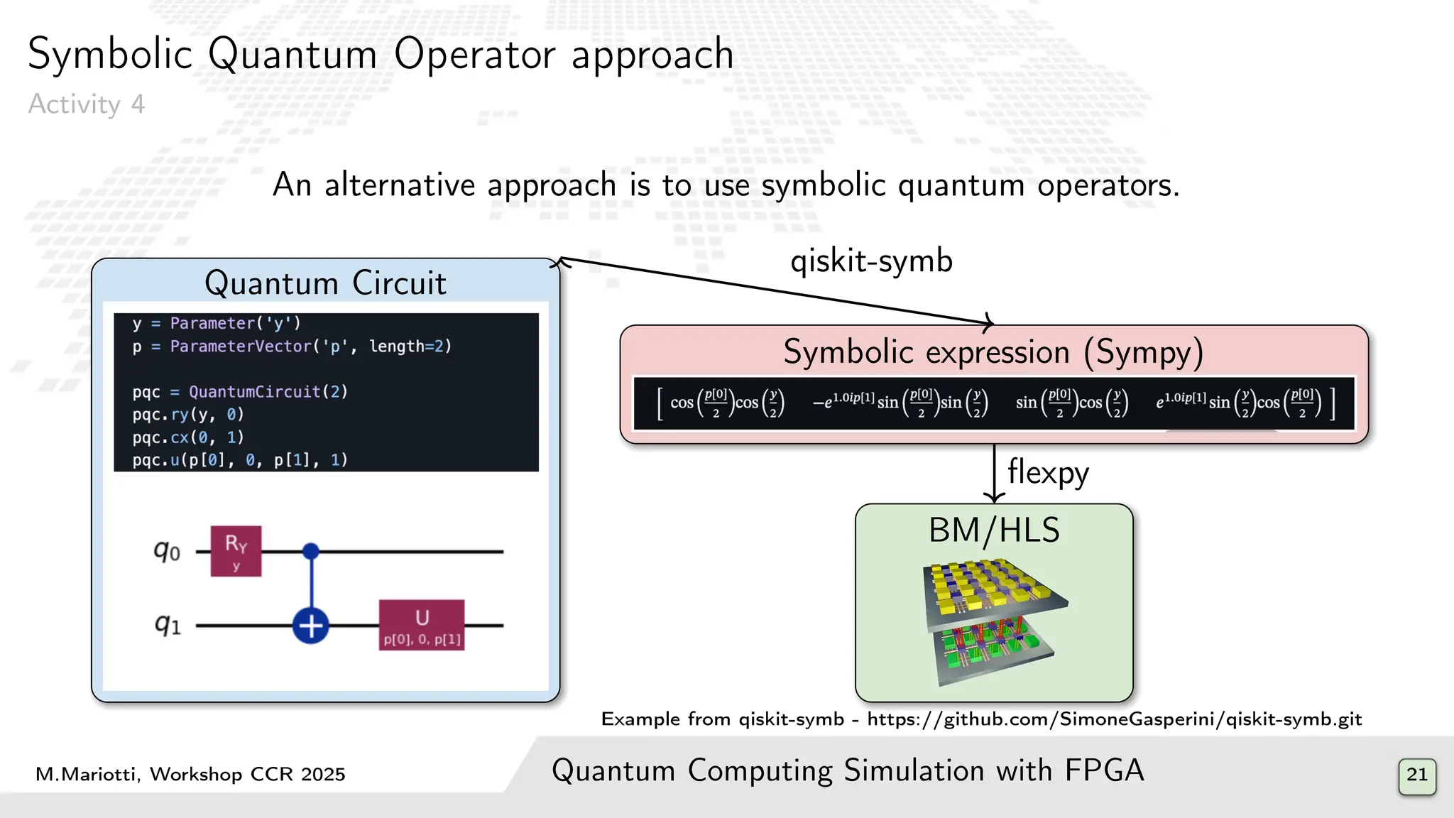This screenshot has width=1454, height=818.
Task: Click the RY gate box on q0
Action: (x=236, y=551)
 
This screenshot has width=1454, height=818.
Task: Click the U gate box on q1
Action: (x=422, y=625)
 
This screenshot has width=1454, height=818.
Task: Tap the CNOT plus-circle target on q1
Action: (x=311, y=626)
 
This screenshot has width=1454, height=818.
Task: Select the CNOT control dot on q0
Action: (x=311, y=551)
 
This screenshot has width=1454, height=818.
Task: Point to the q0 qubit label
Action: (x=167, y=550)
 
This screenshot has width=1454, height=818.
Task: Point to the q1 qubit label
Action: (x=168, y=625)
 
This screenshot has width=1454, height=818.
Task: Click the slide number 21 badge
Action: (x=1416, y=775)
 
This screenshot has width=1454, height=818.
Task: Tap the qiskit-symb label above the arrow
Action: (x=871, y=261)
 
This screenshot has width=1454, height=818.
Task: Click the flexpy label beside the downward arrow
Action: (x=1047, y=473)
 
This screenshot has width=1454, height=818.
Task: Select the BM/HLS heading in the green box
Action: (x=994, y=530)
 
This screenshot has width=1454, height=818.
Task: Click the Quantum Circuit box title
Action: (x=325, y=283)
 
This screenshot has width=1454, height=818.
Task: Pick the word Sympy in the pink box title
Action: (x=1143, y=352)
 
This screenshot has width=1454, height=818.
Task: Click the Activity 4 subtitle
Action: (x=86, y=104)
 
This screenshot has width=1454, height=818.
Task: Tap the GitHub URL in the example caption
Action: (x=1114, y=719)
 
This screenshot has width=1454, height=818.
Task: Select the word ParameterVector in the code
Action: (x=241, y=347)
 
